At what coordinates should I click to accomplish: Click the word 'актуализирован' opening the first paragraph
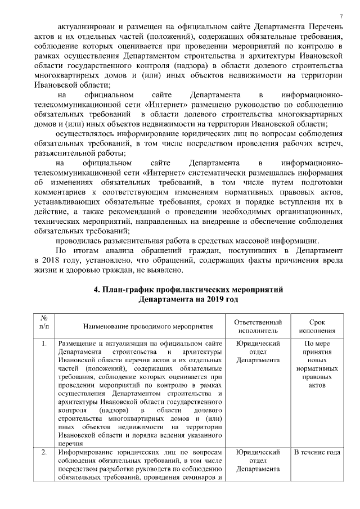pos(87,26)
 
